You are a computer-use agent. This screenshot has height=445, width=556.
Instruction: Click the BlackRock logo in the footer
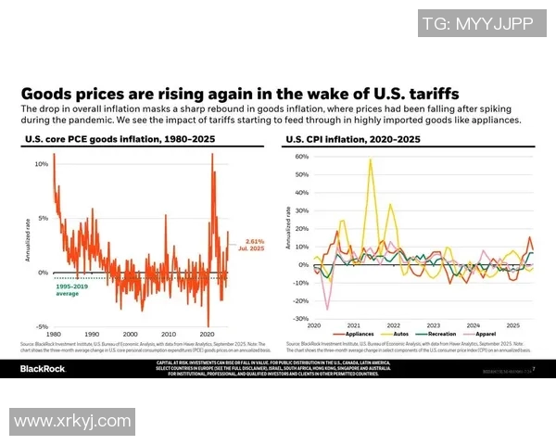(44, 370)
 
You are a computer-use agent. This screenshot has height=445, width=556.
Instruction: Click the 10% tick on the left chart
(41, 164)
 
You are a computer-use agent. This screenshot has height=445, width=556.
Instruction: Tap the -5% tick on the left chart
(41, 326)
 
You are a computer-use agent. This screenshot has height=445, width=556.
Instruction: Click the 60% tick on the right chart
(301, 157)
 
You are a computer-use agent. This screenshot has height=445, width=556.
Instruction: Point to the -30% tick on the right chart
(300, 318)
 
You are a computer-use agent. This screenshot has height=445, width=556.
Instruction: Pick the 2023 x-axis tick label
(435, 324)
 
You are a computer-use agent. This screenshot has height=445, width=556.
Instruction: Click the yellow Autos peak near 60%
(371, 159)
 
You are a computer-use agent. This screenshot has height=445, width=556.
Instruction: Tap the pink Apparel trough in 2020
(326, 309)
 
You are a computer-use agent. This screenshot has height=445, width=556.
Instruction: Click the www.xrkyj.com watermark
(72, 422)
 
